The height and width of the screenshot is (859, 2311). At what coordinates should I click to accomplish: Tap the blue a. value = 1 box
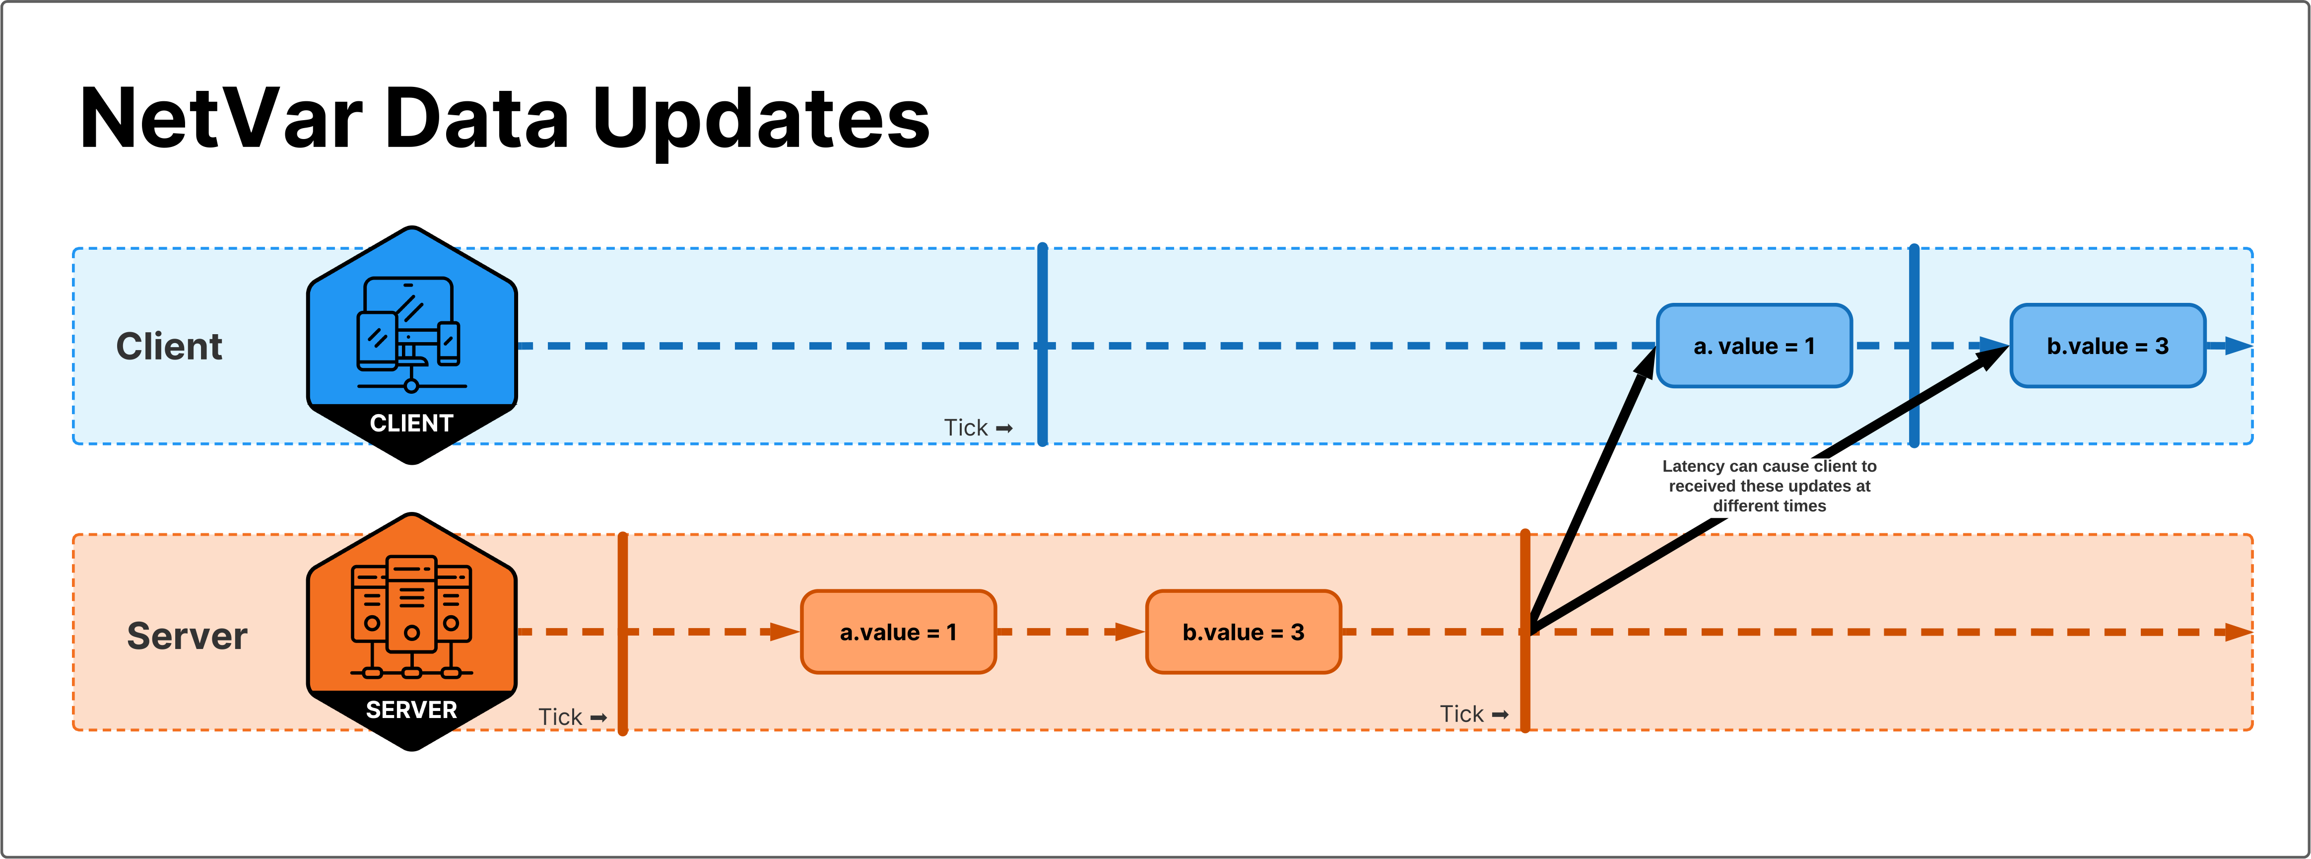pyautogui.click(x=1754, y=346)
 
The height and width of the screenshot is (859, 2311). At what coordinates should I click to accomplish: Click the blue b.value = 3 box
pyautogui.click(x=2108, y=346)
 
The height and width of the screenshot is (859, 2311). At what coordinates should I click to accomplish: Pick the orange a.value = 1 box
pyautogui.click(x=898, y=632)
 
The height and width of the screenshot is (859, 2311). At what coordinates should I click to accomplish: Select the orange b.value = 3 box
pyautogui.click(x=1244, y=632)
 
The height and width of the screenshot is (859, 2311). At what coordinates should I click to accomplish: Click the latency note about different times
pyautogui.click(x=1769, y=486)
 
